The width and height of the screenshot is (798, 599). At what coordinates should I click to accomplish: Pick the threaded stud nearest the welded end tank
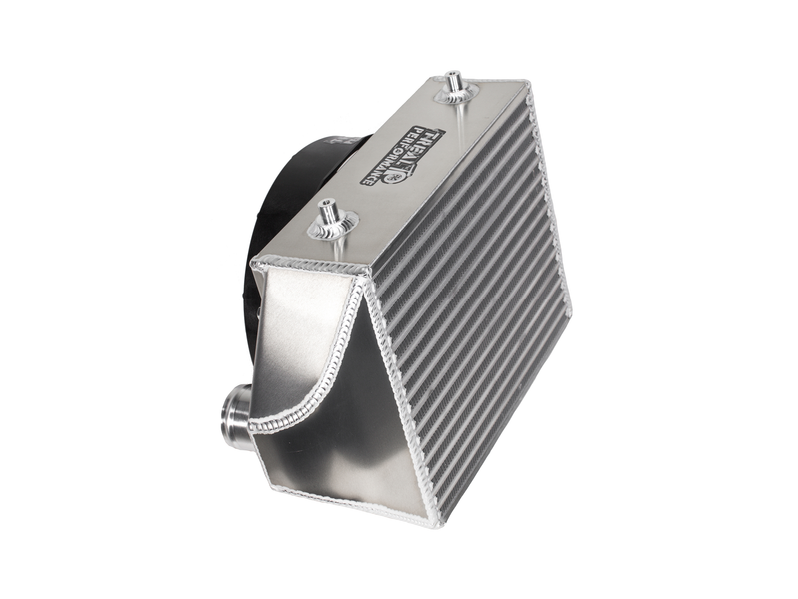point(330,216)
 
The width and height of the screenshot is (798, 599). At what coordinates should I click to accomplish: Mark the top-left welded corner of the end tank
point(256,264)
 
